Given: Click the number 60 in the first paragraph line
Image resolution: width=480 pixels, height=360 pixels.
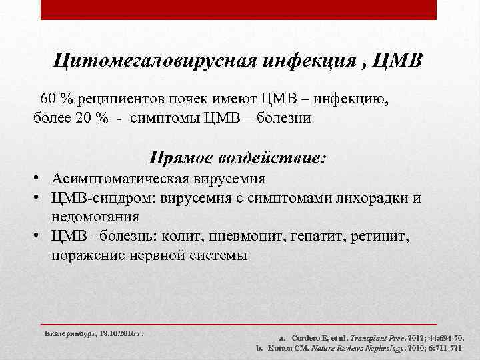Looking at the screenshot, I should click(48, 99).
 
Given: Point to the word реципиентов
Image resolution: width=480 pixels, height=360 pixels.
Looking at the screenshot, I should click(123, 99).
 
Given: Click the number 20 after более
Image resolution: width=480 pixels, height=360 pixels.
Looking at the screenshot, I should click(83, 118).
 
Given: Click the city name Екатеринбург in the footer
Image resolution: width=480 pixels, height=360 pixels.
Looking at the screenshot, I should click(69, 331).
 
